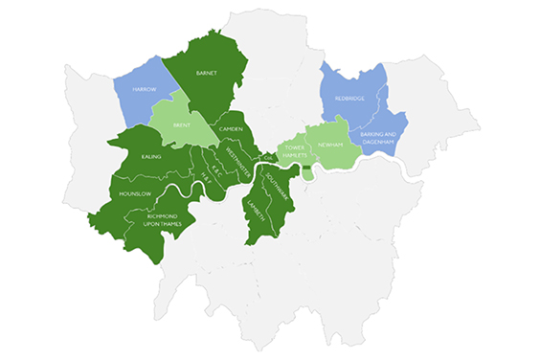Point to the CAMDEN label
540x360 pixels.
[231, 129]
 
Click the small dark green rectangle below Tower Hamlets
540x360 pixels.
[306, 169]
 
